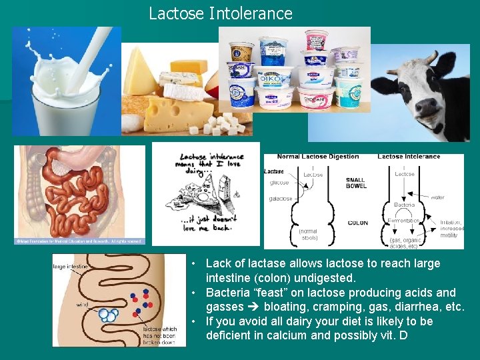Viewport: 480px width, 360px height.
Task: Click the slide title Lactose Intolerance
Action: tap(220, 13)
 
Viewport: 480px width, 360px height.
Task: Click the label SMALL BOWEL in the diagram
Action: tap(355, 183)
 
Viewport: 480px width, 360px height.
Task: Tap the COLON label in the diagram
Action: tap(357, 223)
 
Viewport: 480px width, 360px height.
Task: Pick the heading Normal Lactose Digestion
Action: tap(317, 157)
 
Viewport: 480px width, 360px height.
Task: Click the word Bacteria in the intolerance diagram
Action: tap(404, 205)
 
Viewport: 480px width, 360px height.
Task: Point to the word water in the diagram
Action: tap(437, 197)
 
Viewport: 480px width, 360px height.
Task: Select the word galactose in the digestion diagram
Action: tap(281, 199)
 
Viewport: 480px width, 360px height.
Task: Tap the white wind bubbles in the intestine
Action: tap(107, 315)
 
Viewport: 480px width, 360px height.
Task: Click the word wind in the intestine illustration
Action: tap(81, 304)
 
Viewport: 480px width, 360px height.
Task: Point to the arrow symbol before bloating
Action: tap(254, 307)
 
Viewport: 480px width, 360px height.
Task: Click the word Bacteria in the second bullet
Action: tap(229, 293)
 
